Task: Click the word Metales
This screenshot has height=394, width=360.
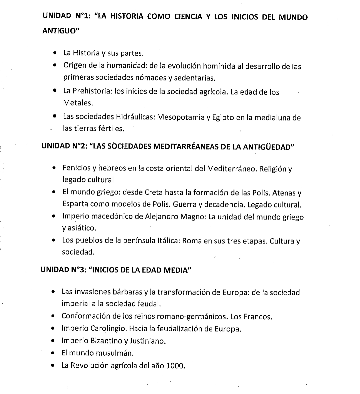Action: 77,103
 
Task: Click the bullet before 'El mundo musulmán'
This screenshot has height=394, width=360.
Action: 53,353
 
